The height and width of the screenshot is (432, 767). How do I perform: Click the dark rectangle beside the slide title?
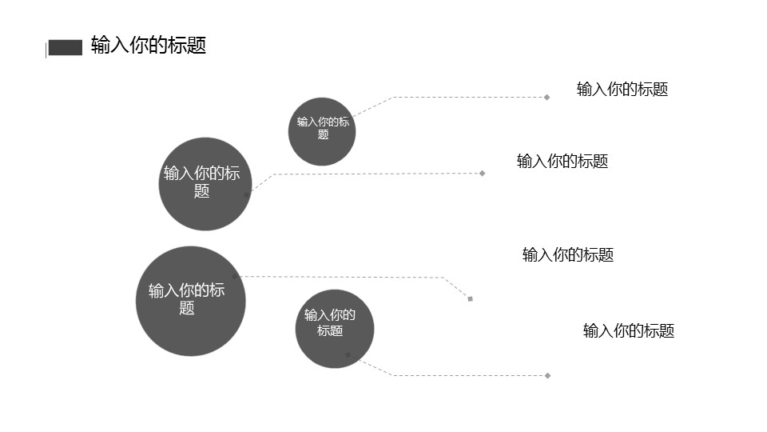pos(66,48)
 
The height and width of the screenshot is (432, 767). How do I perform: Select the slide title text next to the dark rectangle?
pos(149,45)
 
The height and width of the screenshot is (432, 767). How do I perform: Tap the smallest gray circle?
pos(322,131)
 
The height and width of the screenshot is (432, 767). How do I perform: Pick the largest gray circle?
pos(190,301)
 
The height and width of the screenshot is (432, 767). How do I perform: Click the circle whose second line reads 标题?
pos(335,329)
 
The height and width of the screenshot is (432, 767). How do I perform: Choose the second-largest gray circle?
pos(205,184)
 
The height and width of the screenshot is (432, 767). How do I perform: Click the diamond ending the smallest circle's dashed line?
pos(546,98)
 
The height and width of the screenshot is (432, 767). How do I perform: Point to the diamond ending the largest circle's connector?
pos(470,299)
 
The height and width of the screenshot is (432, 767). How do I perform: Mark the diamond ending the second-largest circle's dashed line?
pos(482,173)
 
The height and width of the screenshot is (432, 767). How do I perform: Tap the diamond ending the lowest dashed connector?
pos(547,375)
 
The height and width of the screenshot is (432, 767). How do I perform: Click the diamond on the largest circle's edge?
pos(234,277)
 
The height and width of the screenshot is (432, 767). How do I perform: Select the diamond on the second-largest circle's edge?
pos(247,194)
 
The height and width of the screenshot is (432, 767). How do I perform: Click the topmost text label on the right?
pos(622,90)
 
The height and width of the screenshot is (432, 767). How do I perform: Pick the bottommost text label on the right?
pos(628,331)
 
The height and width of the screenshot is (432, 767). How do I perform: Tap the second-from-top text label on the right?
pos(562,162)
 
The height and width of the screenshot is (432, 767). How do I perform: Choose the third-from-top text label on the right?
pos(567,255)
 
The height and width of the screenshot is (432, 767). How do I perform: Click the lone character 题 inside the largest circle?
pos(187,309)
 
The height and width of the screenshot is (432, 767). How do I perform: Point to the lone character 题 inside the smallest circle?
pos(323,135)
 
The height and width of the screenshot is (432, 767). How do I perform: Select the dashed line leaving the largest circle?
pos(344,278)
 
